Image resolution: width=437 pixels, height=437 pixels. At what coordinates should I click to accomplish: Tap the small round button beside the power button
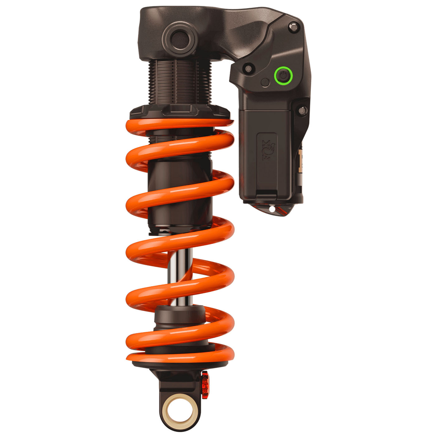(x=265, y=83)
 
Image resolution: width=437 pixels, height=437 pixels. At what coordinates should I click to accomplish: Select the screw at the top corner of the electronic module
(x=293, y=27)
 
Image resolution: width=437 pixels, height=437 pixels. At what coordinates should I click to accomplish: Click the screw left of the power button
(x=248, y=68)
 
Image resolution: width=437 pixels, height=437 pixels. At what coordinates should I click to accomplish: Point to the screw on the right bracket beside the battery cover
(x=302, y=110)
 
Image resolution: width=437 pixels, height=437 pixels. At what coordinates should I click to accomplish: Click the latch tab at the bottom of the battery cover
(x=266, y=196)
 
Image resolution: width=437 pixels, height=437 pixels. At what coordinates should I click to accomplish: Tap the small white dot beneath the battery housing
(x=272, y=209)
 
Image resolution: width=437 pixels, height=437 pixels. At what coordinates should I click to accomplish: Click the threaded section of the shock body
(x=180, y=83)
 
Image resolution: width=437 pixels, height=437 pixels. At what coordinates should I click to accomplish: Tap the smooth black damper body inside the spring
(x=180, y=193)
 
